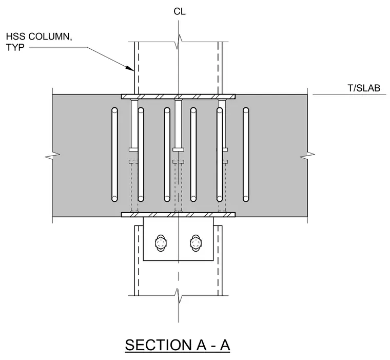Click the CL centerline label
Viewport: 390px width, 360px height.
click(x=180, y=11)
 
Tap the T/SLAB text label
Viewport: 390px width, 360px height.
click(x=364, y=88)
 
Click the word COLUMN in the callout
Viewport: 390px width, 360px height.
click(x=50, y=36)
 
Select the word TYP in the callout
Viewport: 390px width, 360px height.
click(x=15, y=47)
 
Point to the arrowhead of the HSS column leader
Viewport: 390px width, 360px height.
click(x=130, y=68)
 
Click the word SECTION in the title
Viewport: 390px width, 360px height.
click(x=158, y=345)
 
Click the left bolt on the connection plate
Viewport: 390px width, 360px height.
click(x=161, y=243)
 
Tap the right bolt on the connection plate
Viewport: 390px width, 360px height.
click(x=196, y=243)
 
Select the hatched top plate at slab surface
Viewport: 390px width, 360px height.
click(x=178, y=97)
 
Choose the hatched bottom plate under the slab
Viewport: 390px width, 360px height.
click(x=178, y=215)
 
